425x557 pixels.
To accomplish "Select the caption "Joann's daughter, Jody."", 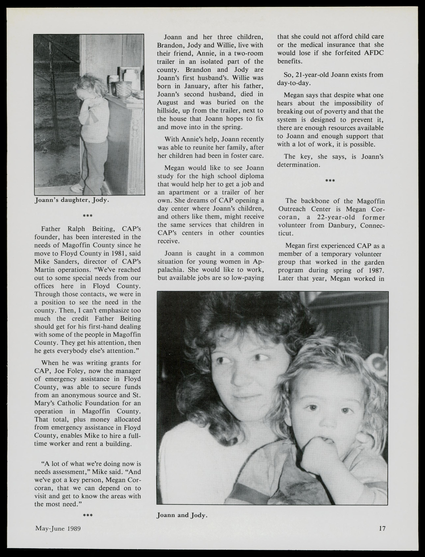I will (x=72, y=200).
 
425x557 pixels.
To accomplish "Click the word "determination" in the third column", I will (x=298, y=165).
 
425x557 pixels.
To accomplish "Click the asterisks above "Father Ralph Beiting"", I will (x=88, y=216).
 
